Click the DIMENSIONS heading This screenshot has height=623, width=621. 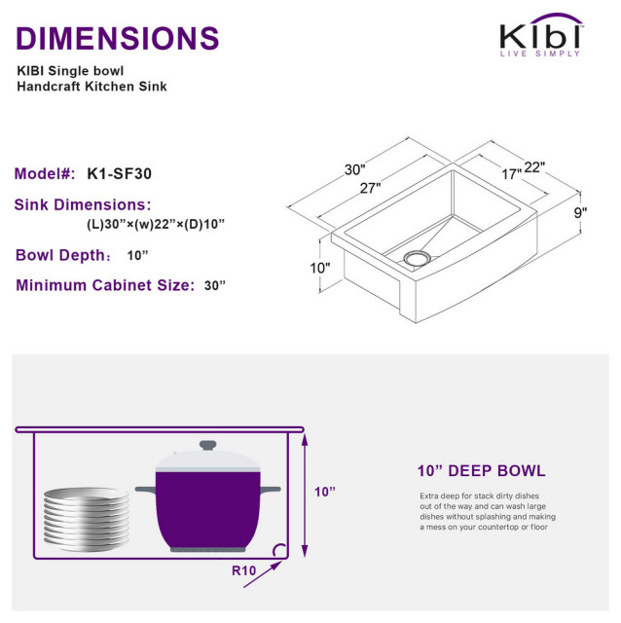118,38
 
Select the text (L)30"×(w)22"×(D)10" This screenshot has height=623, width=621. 156,224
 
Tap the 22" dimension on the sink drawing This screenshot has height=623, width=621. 535,167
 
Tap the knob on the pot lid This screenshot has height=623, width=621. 207,446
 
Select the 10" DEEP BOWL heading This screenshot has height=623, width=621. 481,471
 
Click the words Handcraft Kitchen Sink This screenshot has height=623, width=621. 92,87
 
